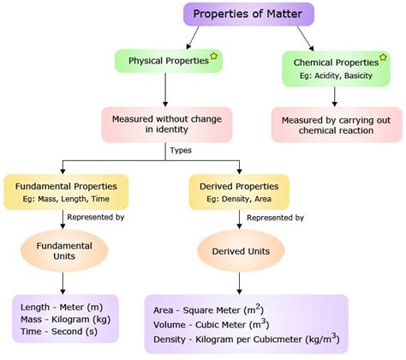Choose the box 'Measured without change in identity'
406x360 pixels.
pyautogui.click(x=163, y=123)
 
